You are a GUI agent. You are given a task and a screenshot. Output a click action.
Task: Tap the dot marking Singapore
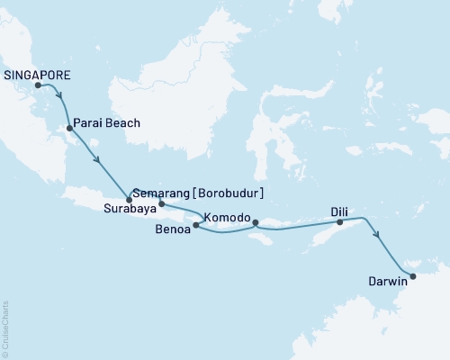pyautogui.click(x=38, y=86)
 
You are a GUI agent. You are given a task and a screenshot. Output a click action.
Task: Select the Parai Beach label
pyautogui.click(x=106, y=122)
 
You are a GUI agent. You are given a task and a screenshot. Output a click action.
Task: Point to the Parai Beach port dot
pyautogui.click(x=69, y=128)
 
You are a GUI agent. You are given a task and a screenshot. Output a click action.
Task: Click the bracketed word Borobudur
pyautogui.click(x=230, y=192)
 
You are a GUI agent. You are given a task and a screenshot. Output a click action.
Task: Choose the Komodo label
pyautogui.click(x=226, y=218)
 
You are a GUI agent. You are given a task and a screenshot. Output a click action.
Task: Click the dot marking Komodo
pyautogui.click(x=255, y=222)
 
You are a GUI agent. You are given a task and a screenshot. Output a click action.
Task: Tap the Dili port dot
pyautogui.click(x=339, y=220)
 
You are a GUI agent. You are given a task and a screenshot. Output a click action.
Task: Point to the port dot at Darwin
pyautogui.click(x=413, y=276)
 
